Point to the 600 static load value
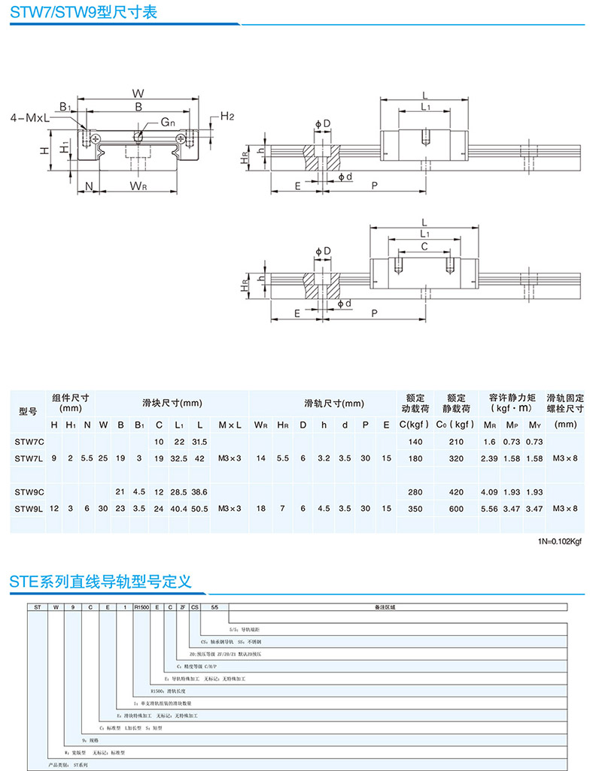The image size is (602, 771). pos(456,509)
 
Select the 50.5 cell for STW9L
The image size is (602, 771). pos(199,509)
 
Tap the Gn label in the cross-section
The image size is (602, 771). pos(166,122)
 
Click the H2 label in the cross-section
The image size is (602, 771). pos(228,116)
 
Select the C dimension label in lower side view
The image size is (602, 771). pos(424,246)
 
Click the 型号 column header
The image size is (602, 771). pos(28,411)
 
